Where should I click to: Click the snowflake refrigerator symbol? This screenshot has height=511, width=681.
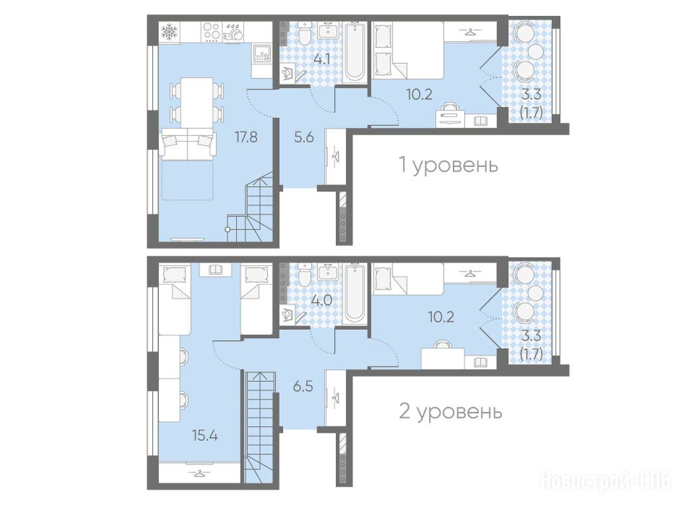tap(168, 32)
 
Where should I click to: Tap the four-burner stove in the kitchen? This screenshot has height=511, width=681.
tap(211, 32)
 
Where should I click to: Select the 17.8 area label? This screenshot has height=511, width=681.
tap(246, 137)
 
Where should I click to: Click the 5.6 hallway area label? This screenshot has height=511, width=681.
tap(303, 137)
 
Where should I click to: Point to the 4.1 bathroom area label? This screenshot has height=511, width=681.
tap(322, 59)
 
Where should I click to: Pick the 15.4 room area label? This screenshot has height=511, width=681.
tap(205, 435)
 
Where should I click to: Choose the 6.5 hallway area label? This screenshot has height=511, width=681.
tap(303, 385)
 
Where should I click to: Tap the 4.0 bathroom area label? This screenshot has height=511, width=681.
tap(322, 300)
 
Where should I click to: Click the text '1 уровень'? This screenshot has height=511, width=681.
tap(448, 165)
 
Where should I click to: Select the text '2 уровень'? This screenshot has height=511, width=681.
tap(450, 411)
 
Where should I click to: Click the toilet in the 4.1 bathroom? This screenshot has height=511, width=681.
tap(305, 33)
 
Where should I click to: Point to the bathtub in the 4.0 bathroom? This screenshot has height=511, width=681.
tap(355, 293)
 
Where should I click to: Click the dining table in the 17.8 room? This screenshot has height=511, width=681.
tap(197, 102)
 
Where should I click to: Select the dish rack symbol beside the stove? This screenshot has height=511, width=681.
tap(233, 32)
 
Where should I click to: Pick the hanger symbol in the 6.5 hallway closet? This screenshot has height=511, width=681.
tap(335, 398)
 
